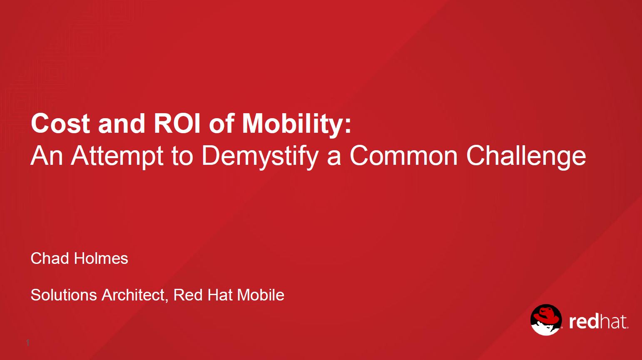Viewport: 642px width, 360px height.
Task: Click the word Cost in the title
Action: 60,124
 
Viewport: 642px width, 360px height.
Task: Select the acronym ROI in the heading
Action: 177,124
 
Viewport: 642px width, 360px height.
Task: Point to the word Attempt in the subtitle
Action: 117,156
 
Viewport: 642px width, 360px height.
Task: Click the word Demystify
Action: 260,156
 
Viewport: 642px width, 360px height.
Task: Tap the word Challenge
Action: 526,156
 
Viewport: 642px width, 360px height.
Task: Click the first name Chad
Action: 50,258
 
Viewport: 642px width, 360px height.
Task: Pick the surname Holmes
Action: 101,258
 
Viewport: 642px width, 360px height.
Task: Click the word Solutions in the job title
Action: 64,295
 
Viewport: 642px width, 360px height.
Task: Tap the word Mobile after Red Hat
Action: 261,295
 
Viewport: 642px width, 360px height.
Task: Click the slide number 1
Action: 28,343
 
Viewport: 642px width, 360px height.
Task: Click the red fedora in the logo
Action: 546,315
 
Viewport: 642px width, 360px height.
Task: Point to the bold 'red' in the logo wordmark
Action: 584,322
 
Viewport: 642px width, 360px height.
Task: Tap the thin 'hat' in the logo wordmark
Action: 613,322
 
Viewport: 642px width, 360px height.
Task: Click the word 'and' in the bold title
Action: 122,124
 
